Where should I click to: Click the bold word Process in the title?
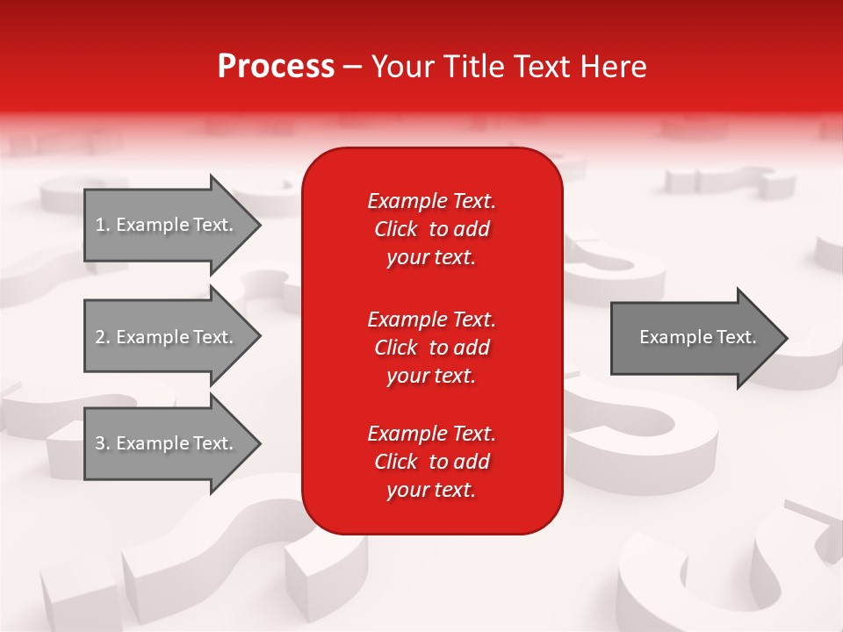tap(276, 67)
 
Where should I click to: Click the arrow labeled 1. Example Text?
tap(167, 225)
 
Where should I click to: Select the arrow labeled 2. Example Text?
tap(167, 337)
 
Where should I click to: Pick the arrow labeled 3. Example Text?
tap(167, 443)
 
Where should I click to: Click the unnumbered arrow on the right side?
tap(694, 337)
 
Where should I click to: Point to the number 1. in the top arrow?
tap(103, 225)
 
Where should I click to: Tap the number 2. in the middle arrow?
tap(103, 337)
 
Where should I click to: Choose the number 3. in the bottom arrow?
tap(103, 443)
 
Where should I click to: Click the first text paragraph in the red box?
tap(431, 229)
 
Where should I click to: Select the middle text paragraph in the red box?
tap(431, 348)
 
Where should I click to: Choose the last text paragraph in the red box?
tap(431, 462)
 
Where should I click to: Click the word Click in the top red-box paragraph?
tap(396, 229)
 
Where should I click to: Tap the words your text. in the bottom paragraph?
tap(431, 490)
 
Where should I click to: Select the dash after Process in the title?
tap(352, 67)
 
